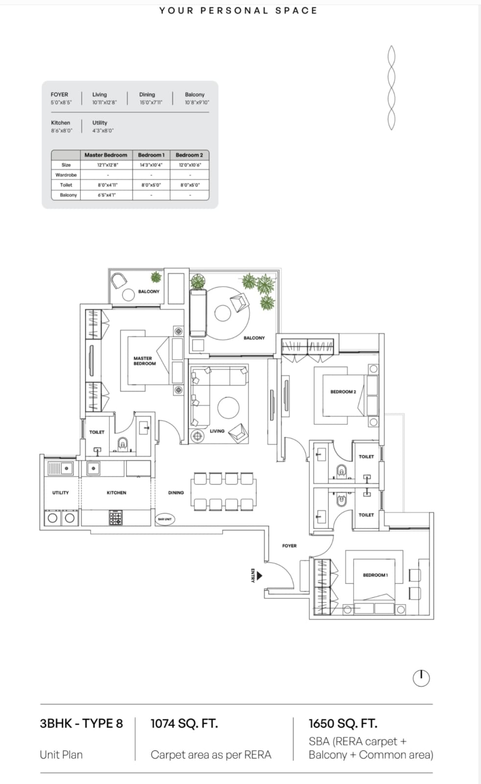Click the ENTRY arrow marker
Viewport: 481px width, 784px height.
pos(259,575)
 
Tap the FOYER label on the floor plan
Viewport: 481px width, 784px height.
pos(289,546)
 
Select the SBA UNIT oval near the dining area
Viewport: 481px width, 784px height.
pos(165,519)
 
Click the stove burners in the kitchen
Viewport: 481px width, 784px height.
pos(116,517)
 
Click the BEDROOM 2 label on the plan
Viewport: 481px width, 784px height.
pos(343,392)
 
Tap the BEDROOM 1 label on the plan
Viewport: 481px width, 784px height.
pos(375,575)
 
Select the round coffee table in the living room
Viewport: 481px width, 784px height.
pos(228,408)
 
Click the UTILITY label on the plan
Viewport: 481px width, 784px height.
pos(61,492)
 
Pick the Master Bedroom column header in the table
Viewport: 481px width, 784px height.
pos(106,155)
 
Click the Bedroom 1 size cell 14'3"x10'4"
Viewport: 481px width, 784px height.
pos(151,165)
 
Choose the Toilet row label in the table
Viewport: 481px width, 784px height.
pos(66,185)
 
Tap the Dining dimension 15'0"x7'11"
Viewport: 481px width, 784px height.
pos(151,102)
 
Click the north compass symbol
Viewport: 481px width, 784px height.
pos(421,678)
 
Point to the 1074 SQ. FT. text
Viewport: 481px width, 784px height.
pos(184,723)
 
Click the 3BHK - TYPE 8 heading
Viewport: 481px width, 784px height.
pos(81,723)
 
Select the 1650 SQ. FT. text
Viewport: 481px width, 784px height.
pos(343,723)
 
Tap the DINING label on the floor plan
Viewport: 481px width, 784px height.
pos(176,492)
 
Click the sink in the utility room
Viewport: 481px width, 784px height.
pos(60,468)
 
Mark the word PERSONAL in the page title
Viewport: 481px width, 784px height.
pos(235,10)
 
